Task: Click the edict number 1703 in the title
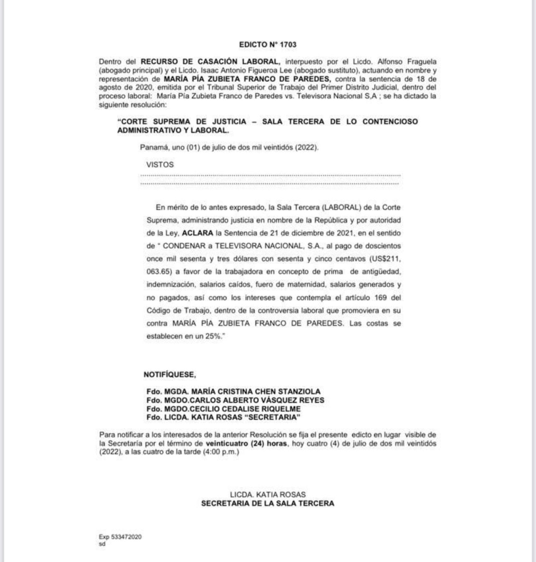tap(288, 44)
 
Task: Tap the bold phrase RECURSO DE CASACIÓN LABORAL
tap(210, 61)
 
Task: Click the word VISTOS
tap(160, 165)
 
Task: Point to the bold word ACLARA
tap(197, 233)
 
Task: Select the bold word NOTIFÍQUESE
tap(169, 374)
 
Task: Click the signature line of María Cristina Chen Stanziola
tap(233, 392)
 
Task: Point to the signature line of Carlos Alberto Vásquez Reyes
tap(235, 400)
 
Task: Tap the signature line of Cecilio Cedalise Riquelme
tap(223, 409)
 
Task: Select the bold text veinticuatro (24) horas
tap(246, 443)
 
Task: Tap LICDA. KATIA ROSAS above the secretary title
tap(268, 495)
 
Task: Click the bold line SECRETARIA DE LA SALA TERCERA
tap(268, 504)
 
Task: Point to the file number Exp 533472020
tap(120, 537)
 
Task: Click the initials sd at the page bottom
tap(102, 544)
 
